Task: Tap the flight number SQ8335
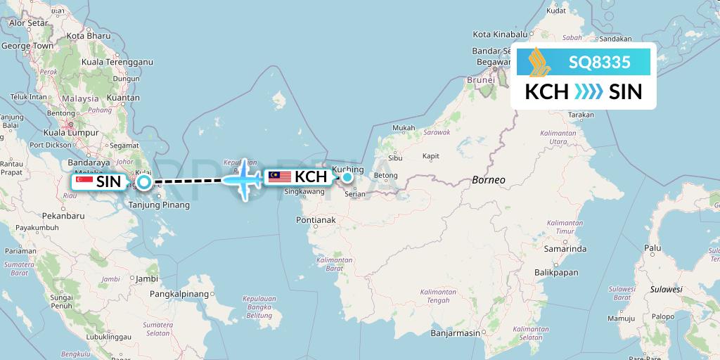(599, 63)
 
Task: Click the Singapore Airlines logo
(540, 61)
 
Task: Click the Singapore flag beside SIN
(84, 181)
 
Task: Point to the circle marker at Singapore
(143, 183)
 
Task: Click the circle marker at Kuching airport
(347, 177)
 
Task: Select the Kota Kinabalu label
(500, 34)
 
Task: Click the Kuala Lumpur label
(69, 131)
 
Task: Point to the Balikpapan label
(555, 272)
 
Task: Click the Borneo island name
(489, 179)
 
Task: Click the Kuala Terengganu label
(117, 62)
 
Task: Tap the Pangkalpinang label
(180, 293)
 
